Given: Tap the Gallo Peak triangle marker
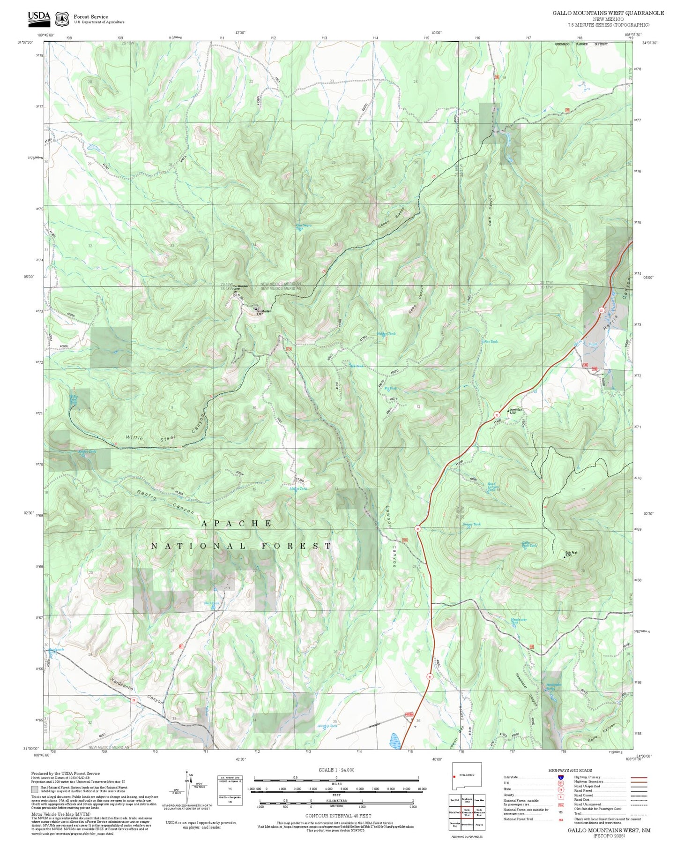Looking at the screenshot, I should coord(564,558).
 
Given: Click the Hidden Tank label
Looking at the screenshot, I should coord(387,334).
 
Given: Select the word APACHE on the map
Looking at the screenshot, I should coord(237,523).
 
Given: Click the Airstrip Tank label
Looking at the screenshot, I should coord(327,726).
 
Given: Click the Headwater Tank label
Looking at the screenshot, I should coord(519,621).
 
